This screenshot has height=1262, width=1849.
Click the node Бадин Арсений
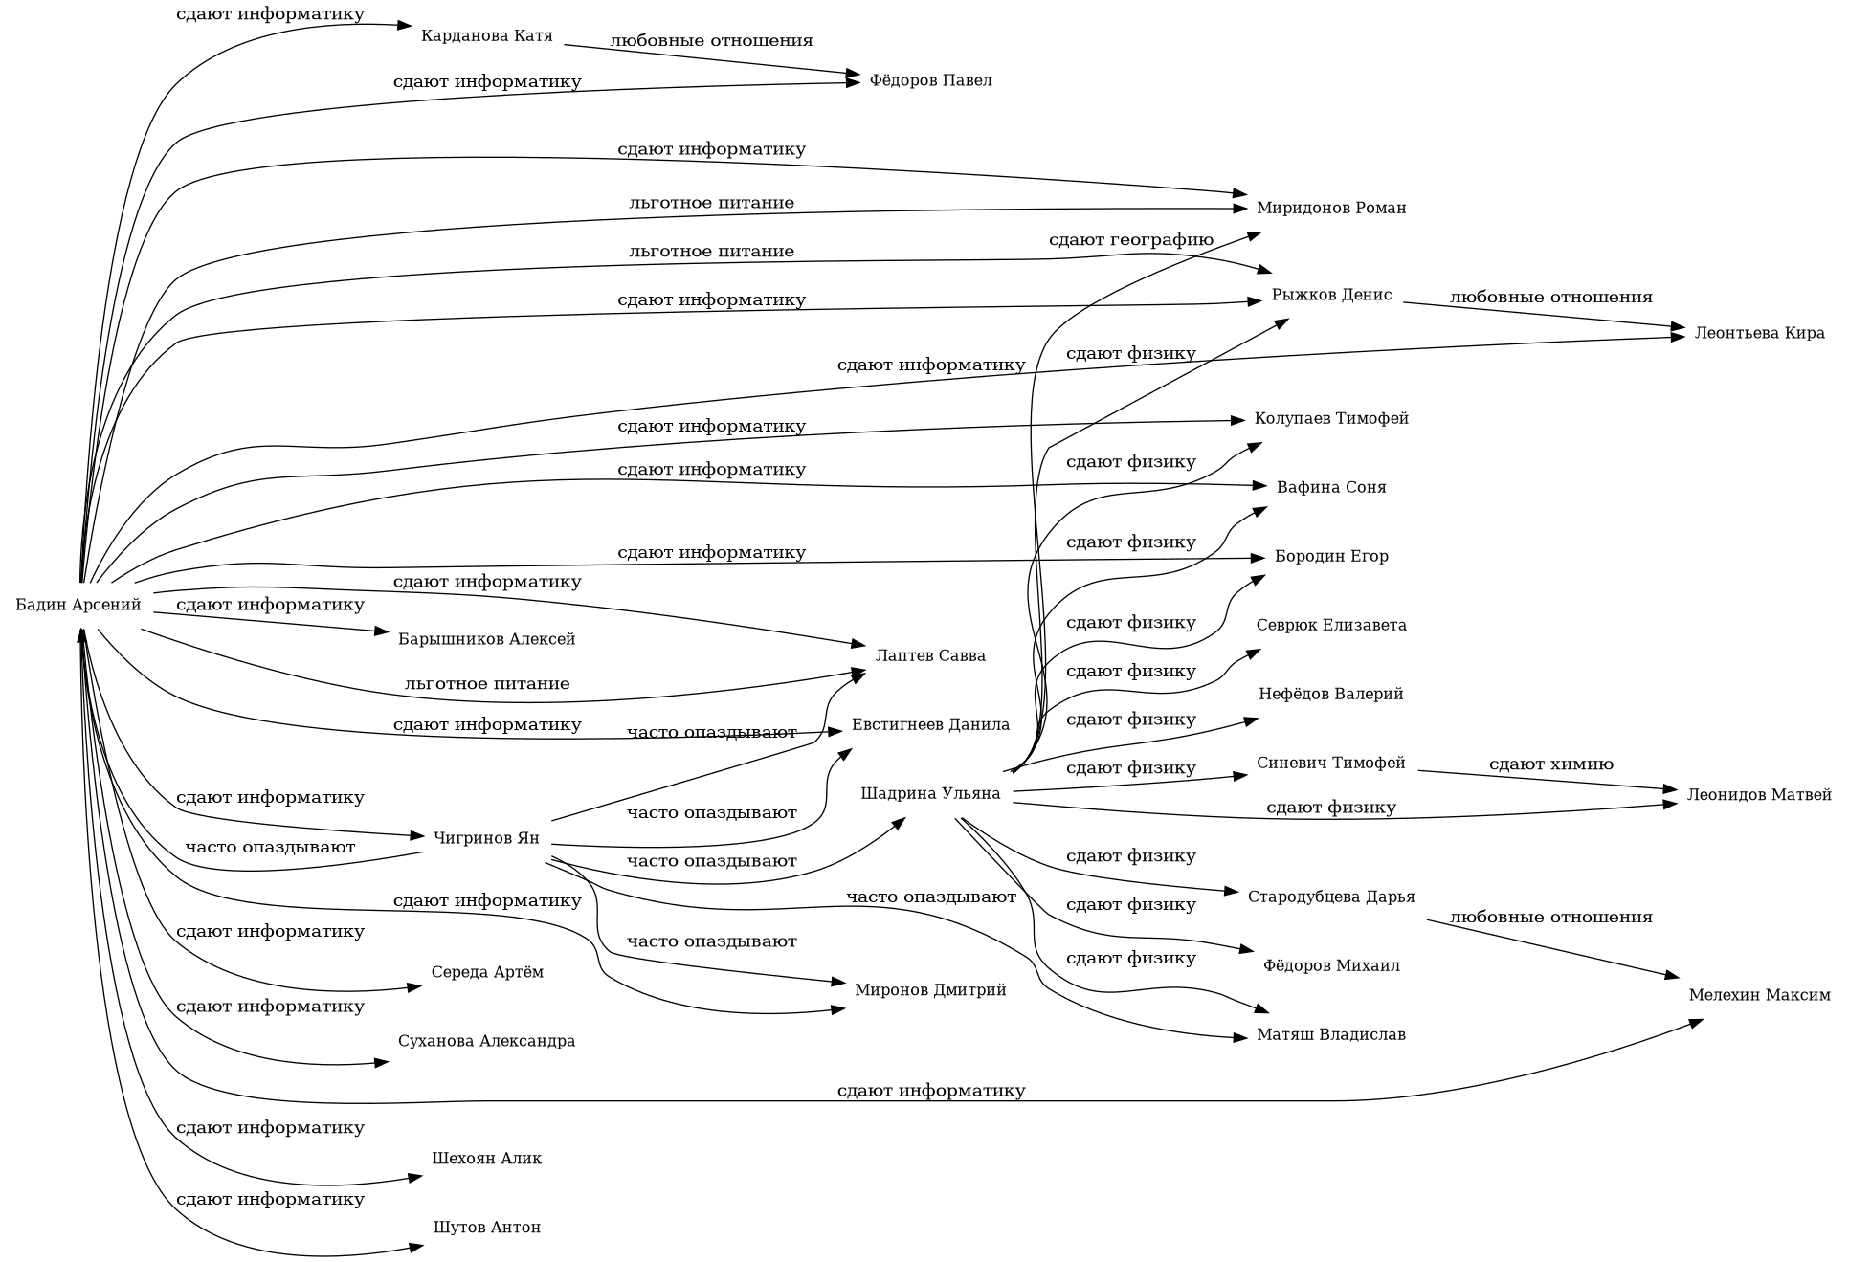click(x=78, y=606)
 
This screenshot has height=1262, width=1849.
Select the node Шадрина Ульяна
click(x=930, y=794)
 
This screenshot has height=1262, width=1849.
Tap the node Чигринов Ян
click(x=486, y=839)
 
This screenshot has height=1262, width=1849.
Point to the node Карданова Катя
click(x=487, y=36)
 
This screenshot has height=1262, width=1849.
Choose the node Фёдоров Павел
click(x=930, y=80)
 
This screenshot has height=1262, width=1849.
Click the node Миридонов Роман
click(x=1330, y=209)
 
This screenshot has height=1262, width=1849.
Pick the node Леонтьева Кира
click(x=1759, y=334)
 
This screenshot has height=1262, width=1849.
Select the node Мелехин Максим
click(x=1759, y=996)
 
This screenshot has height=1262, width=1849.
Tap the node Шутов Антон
click(x=487, y=1228)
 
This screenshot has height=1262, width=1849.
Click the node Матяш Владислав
click(x=1330, y=1035)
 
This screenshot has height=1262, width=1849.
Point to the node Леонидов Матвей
click(x=1759, y=795)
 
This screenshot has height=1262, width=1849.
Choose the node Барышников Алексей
click(x=487, y=639)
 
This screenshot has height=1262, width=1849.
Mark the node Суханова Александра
click(x=487, y=1041)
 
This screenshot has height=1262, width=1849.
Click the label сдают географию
click(x=1130, y=240)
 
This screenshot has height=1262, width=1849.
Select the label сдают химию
click(x=1550, y=764)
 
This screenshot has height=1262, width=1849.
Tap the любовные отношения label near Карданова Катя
click(x=711, y=41)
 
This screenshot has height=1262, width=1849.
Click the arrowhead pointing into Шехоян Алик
click(x=416, y=1176)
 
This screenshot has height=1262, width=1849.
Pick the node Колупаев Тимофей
click(x=1330, y=419)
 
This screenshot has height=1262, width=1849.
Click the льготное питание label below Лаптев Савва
click(x=487, y=684)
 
